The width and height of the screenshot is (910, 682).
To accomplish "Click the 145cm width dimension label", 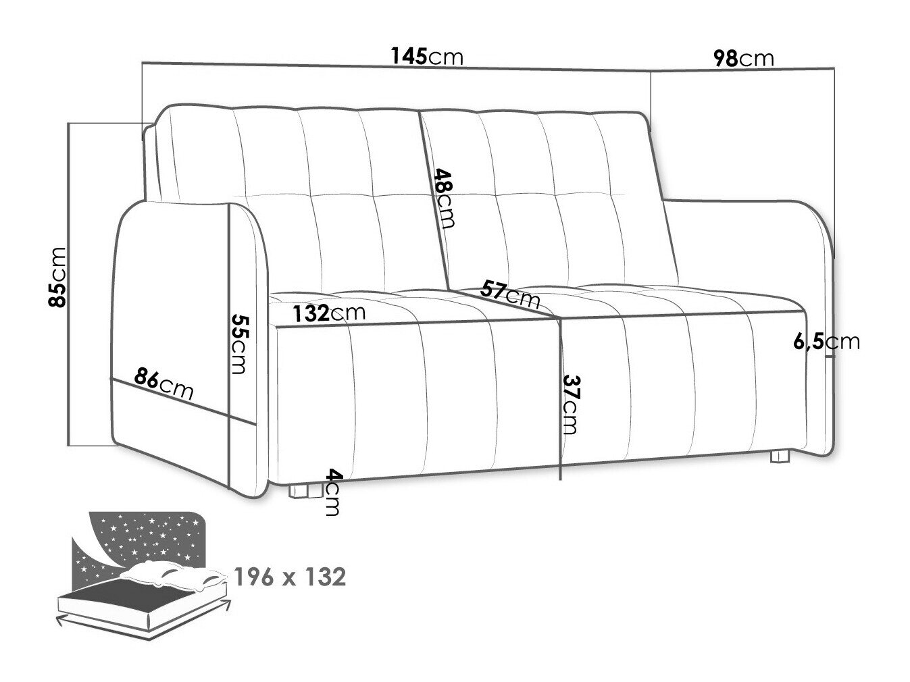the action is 427,56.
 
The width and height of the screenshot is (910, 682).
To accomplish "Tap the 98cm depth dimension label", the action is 744,59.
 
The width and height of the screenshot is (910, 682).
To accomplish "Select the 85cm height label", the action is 57,278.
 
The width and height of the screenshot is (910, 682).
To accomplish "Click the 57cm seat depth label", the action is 510,294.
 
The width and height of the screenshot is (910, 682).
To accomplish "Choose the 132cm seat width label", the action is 329,313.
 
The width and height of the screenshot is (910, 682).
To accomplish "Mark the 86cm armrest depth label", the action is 163,384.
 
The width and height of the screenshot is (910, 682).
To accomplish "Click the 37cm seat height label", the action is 570,404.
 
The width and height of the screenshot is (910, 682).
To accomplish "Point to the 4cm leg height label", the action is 332,492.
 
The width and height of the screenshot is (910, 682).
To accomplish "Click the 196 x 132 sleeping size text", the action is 290,577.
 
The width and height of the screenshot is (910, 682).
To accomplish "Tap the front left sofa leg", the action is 306,491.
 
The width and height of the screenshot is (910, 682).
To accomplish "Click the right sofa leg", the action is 780,456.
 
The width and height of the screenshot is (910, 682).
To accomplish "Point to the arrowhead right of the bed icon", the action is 225,602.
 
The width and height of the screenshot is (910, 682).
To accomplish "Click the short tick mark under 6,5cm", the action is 830,356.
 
